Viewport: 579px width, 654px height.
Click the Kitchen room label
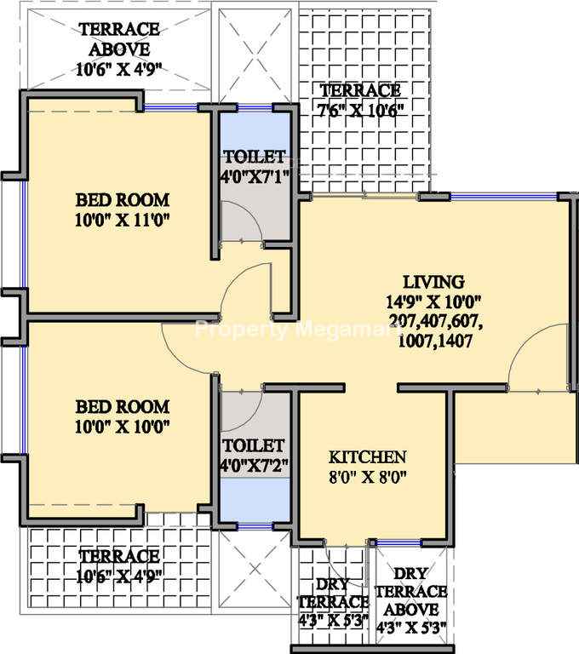368,456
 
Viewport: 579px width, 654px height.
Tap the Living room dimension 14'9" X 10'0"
434,301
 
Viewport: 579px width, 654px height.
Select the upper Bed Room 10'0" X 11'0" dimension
123,220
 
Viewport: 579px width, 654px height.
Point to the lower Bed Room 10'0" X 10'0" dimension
123,427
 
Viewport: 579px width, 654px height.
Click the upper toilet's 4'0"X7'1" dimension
255,177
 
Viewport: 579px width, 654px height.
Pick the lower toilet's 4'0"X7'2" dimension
255,465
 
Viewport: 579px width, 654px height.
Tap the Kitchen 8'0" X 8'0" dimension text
368,476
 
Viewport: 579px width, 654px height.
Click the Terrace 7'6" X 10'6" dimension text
361,111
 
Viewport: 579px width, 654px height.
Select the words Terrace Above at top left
119,39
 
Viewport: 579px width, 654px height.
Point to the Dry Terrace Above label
411,592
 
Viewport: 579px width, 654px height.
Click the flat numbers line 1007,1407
435,341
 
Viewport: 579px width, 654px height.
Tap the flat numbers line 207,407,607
436,321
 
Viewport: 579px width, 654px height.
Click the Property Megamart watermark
297,330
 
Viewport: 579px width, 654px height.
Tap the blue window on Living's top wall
504,196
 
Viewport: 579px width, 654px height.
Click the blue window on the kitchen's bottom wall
398,542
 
